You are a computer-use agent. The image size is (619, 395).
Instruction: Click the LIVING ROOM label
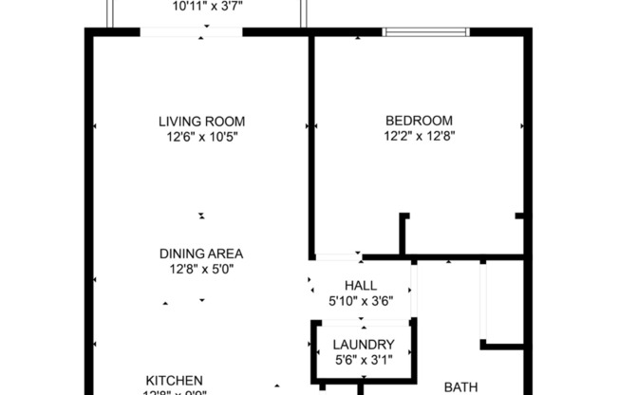coord(201,121)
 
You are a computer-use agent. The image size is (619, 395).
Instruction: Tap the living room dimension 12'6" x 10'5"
coord(201,137)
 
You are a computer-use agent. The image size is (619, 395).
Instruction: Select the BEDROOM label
coord(418,121)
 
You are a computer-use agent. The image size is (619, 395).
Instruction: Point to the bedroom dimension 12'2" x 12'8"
coord(418,137)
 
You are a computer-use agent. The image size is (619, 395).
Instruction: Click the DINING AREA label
coord(201,254)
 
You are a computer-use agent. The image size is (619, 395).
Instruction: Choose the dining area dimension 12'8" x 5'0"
coord(201,270)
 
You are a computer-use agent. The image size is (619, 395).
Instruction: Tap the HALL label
coord(360,286)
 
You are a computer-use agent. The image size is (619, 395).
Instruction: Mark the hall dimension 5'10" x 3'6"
coord(360,302)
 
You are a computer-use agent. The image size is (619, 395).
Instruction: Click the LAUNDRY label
coord(363,345)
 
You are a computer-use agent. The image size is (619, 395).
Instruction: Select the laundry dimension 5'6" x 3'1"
coord(363,361)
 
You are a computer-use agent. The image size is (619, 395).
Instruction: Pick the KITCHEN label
coord(174,381)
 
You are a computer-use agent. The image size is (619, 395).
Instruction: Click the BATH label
coord(460,386)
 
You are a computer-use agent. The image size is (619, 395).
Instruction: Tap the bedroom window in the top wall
coord(425,32)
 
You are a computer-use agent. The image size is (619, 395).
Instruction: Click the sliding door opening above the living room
coord(191,32)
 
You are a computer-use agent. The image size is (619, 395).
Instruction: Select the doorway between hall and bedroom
coord(337,256)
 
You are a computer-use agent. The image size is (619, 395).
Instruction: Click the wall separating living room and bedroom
coord(310,142)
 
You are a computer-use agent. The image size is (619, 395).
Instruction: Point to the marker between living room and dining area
coord(201,216)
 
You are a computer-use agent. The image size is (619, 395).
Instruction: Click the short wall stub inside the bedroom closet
coord(403,234)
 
